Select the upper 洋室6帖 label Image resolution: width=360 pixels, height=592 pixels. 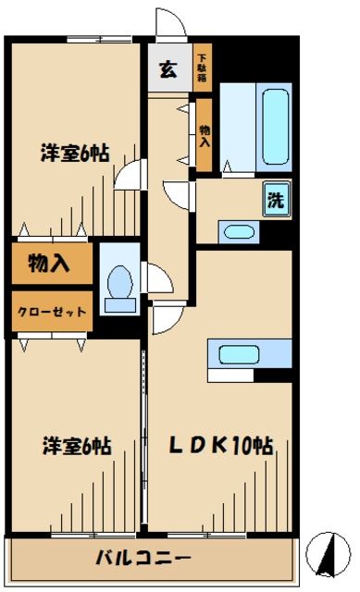pyautogui.click(x=75, y=154)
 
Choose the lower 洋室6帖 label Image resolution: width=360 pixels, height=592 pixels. pyautogui.click(x=76, y=445)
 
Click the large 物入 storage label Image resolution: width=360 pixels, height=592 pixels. pyautogui.click(x=51, y=264)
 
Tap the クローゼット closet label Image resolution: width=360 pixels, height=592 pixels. pyautogui.click(x=52, y=312)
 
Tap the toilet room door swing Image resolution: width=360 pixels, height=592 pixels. pyautogui.click(x=155, y=277)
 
